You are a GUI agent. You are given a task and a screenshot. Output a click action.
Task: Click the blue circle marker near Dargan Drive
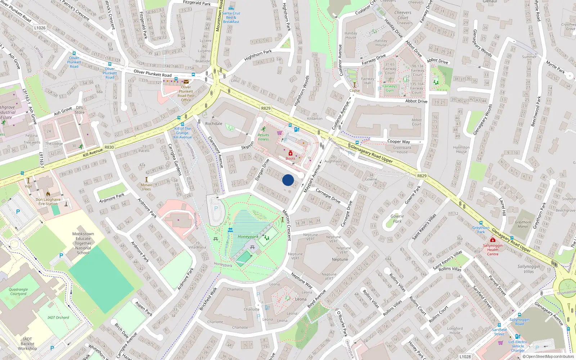(288, 180)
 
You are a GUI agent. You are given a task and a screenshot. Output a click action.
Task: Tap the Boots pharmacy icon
(291, 153)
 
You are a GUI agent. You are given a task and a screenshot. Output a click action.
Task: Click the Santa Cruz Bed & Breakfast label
(231, 17)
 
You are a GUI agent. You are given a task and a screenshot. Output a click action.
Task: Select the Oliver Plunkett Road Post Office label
(186, 94)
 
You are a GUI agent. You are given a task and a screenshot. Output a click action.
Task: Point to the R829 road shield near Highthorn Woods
(266, 108)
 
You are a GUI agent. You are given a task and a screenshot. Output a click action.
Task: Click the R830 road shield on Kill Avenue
(109, 147)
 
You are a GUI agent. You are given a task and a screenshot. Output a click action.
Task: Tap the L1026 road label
(40, 28)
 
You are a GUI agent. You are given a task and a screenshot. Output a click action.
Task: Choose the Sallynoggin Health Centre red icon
(492, 240)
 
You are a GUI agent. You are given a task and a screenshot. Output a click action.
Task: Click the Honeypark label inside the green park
(248, 237)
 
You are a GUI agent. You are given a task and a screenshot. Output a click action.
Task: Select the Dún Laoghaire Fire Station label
(48, 202)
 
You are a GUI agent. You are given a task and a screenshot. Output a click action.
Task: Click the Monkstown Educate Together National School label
(83, 243)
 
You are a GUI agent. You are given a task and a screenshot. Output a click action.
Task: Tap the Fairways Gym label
(390, 88)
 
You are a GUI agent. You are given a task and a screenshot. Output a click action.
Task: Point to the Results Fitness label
(263, 137)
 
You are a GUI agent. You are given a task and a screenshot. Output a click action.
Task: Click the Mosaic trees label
(147, 187)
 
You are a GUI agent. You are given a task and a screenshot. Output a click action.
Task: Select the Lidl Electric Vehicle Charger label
(518, 346)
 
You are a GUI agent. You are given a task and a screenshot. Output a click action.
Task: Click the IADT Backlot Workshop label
(27, 344)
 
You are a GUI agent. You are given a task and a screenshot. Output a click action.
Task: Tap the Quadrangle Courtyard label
(18, 292)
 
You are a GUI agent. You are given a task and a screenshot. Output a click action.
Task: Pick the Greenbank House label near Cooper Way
(402, 150)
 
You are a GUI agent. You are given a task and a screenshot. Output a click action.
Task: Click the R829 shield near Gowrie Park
(422, 176)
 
